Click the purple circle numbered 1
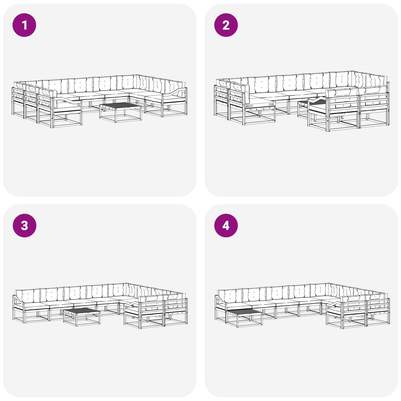(24, 25)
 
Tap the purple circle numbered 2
(226, 25)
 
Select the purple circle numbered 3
(24, 226)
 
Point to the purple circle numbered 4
(226, 226)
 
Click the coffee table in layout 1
(121, 112)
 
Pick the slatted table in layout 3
(82, 317)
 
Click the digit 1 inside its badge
(24, 25)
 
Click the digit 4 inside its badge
(226, 226)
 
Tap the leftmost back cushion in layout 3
(28, 296)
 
